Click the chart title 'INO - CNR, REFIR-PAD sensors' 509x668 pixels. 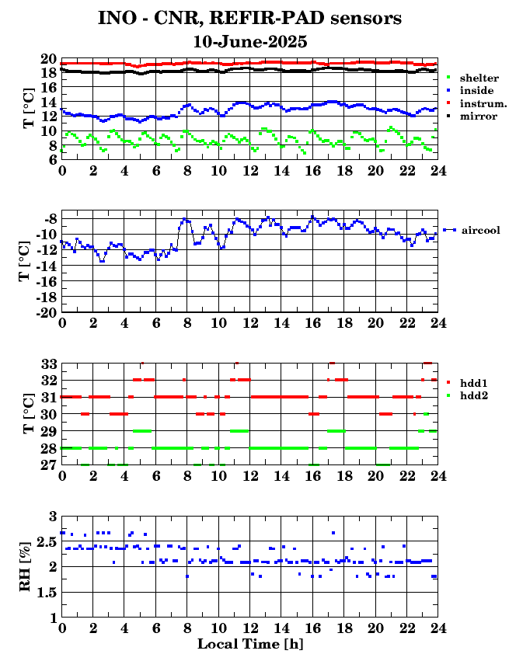coord(250,17)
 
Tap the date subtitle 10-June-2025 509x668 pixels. coord(250,41)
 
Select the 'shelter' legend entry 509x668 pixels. coord(473,78)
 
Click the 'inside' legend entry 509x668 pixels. coord(472,91)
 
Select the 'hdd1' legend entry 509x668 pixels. coord(472,384)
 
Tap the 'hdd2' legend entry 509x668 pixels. coord(472,396)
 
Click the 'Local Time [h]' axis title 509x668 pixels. coord(249,644)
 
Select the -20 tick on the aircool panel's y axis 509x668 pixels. coord(45,312)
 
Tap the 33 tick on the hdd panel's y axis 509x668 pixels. coord(48,364)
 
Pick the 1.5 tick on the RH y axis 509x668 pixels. coord(46,593)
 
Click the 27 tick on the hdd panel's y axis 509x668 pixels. coord(48,464)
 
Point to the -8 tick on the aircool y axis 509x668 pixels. coord(49,218)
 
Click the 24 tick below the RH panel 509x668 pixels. coord(438,629)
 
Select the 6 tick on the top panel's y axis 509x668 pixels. coord(51,160)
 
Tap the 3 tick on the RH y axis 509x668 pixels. coord(52,516)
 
